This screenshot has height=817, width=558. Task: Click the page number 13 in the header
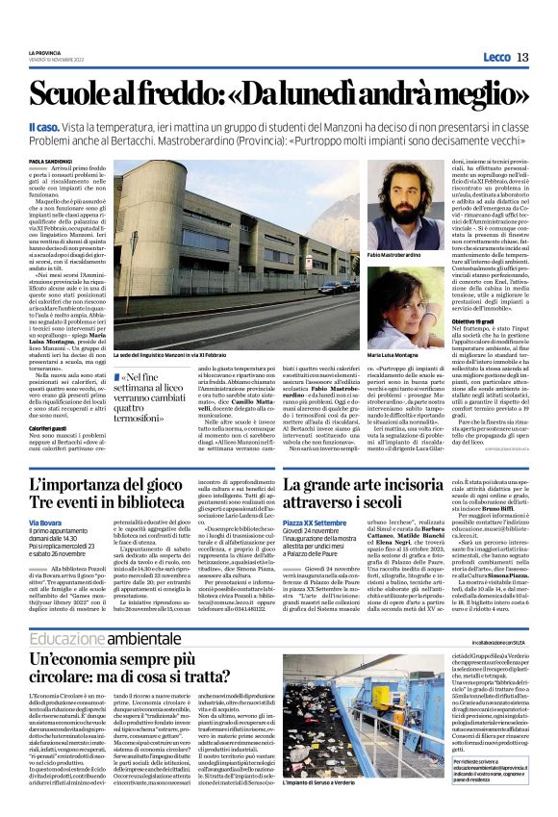[522, 57]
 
